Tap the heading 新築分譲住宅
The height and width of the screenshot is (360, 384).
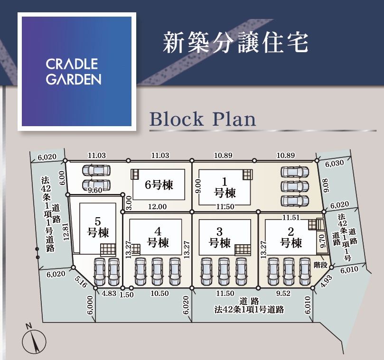coord(235,43)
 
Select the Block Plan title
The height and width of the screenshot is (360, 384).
coord(203,119)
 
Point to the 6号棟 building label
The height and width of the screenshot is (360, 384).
coord(159,185)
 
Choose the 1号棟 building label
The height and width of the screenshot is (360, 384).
coord(225,187)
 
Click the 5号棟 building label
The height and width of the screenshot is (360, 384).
coord(98,227)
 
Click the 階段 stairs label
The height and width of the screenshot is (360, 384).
coord(321,265)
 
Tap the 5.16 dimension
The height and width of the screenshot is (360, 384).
coord(81,283)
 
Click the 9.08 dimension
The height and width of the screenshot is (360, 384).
coord(325,185)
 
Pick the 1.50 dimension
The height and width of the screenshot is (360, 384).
coord(127,294)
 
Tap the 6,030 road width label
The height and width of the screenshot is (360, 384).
coord(335,164)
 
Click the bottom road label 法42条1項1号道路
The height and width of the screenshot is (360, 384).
coord(249,309)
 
